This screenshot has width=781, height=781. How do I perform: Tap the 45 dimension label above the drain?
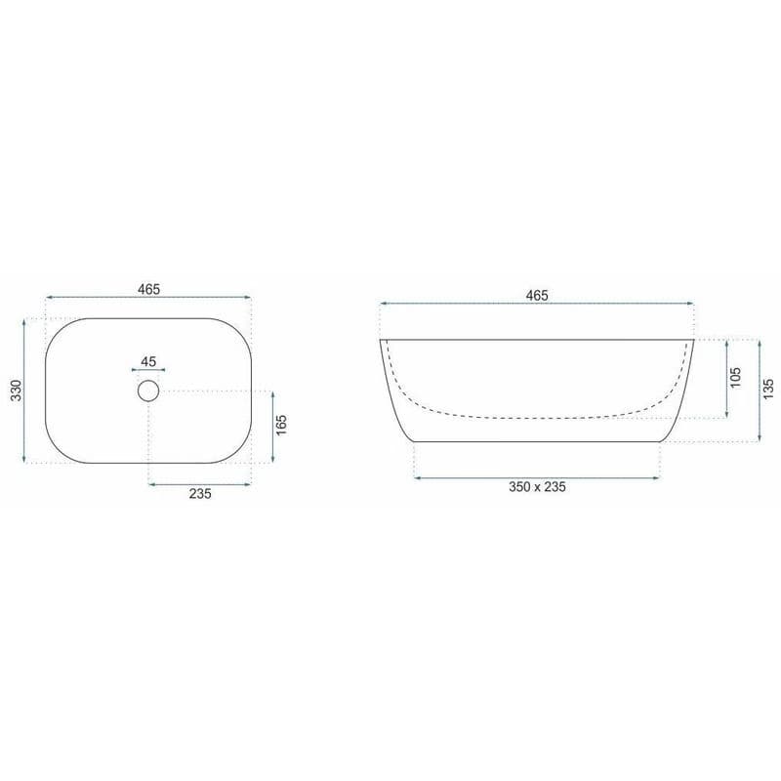coord(148,361)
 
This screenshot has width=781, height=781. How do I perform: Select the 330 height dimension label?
coord(17,390)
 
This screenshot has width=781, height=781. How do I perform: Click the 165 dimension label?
coord(281,425)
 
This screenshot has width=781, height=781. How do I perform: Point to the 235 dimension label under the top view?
coord(200,494)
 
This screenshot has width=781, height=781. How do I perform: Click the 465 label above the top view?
coord(149,289)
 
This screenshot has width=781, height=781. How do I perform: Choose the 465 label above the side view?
coord(537,296)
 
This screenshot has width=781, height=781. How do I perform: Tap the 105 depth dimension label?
coord(736,378)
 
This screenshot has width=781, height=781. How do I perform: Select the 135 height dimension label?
coord(768,389)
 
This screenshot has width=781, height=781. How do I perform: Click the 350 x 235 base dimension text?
coord(537,486)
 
